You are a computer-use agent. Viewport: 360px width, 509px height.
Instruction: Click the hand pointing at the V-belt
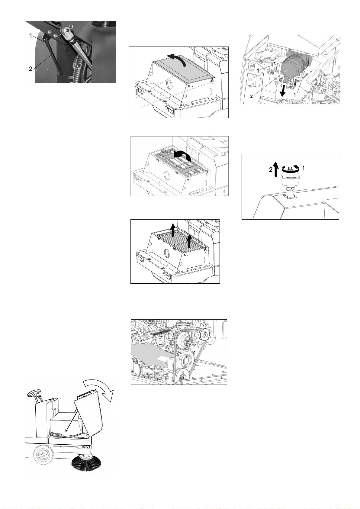tap(151, 356)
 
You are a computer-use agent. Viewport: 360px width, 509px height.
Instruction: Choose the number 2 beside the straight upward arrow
tap(271, 170)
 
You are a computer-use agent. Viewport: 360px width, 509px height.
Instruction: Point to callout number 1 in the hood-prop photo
tap(31, 36)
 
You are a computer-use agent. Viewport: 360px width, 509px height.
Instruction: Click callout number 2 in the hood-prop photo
tap(31, 69)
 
